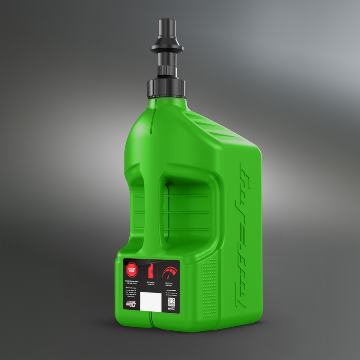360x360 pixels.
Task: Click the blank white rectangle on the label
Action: click(150, 301)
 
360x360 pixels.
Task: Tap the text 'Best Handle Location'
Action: click(151, 283)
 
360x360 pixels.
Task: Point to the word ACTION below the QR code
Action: click(171, 309)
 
